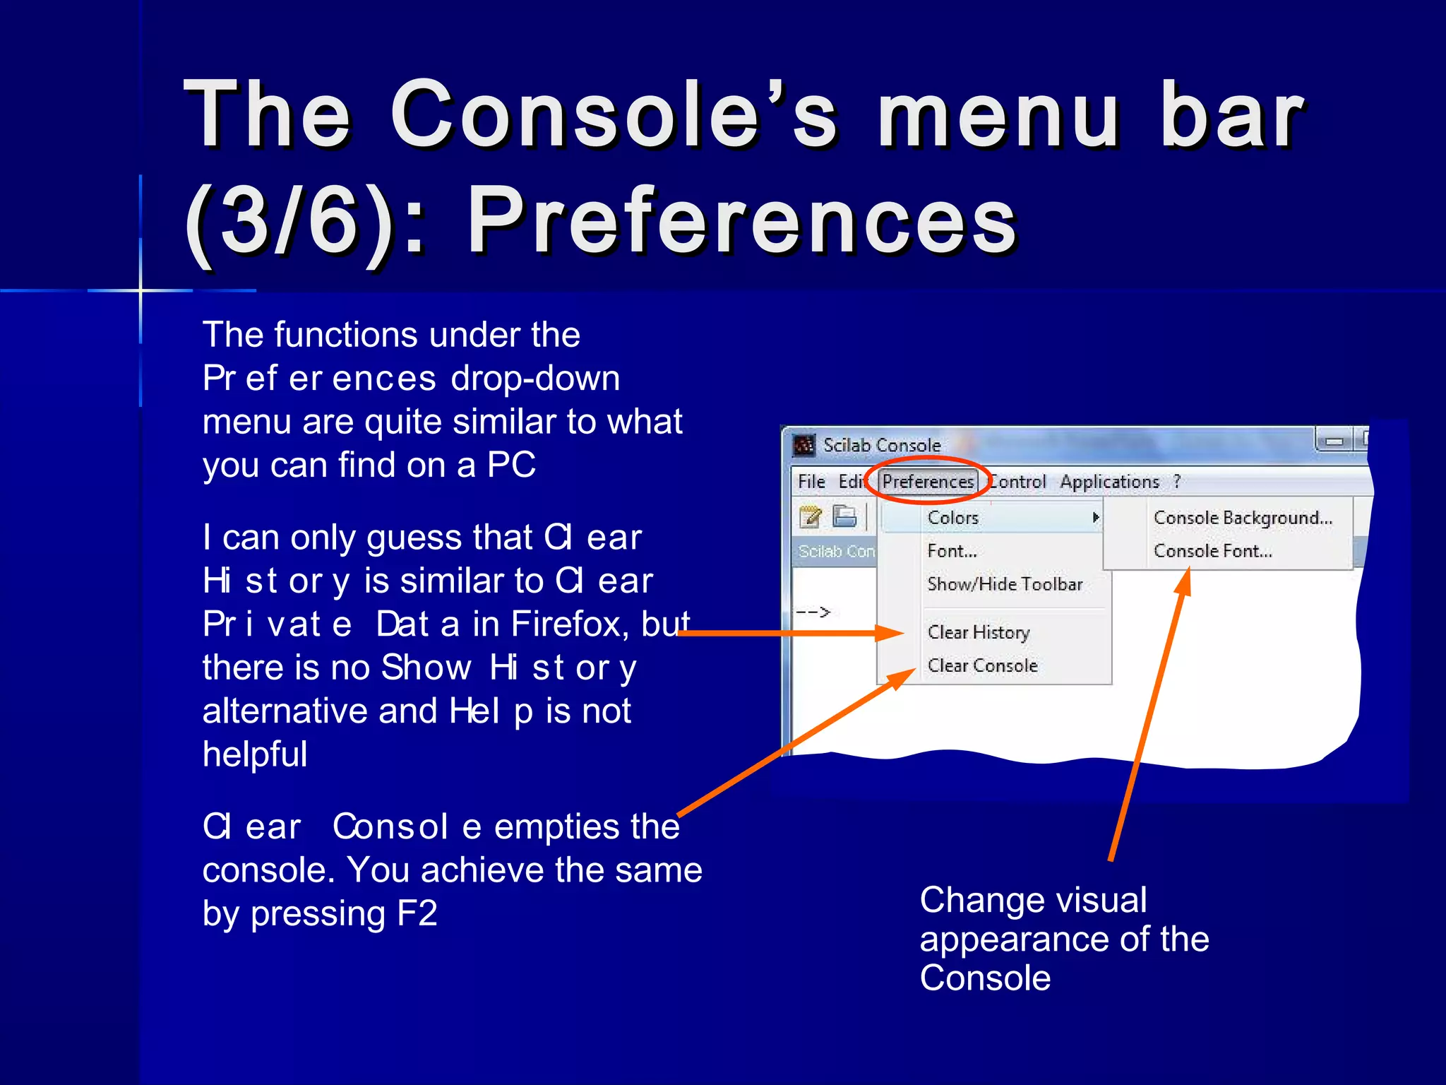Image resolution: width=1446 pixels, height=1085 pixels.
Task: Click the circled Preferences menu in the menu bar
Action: (928, 482)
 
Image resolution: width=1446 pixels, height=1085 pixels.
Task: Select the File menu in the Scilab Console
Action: (811, 482)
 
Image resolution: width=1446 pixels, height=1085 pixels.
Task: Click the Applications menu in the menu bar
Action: (1109, 482)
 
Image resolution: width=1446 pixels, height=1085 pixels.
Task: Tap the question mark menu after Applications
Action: (1177, 482)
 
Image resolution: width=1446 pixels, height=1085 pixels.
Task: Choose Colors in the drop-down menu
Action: (952, 518)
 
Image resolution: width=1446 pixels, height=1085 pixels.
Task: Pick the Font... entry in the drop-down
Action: (952, 551)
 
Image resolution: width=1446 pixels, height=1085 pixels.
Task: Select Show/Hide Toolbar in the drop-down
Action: (1005, 584)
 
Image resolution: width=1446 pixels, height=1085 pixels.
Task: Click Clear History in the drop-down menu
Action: (979, 632)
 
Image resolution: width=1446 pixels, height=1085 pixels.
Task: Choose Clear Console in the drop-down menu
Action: (982, 665)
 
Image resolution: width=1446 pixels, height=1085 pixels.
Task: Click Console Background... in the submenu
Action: (1243, 518)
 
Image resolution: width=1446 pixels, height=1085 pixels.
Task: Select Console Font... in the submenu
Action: (1212, 551)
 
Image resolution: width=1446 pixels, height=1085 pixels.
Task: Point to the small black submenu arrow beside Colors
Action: (1095, 518)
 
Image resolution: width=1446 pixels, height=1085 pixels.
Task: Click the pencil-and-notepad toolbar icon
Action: (810, 517)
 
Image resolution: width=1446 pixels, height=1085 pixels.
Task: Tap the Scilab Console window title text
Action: (882, 445)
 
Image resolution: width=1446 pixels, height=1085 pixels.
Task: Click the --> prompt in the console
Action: (813, 612)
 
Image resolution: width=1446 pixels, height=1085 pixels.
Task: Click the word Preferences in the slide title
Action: (741, 222)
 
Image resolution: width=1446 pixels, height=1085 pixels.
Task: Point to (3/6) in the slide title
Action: (289, 222)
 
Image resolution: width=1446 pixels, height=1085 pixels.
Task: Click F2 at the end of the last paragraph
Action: (417, 913)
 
